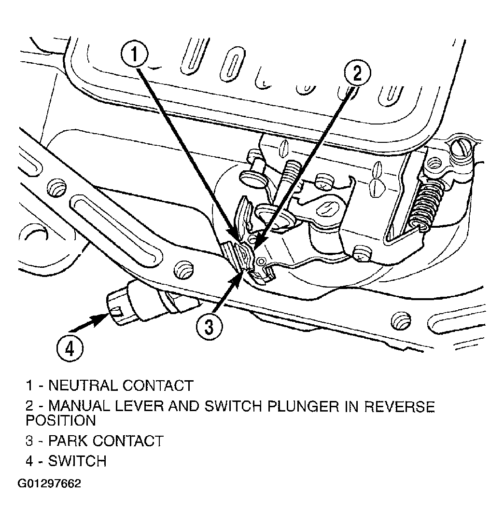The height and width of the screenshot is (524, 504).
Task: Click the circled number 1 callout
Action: tap(134, 55)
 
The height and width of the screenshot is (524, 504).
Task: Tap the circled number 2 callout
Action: tap(358, 73)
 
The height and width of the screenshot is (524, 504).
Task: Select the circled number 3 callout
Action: tap(209, 327)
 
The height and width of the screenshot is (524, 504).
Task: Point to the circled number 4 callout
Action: tap(70, 349)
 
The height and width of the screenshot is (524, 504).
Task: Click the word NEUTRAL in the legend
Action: tap(84, 386)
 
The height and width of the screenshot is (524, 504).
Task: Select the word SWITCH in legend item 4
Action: tap(77, 461)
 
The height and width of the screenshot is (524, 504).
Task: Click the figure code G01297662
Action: tap(49, 483)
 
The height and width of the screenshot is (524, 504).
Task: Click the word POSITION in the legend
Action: tap(60, 420)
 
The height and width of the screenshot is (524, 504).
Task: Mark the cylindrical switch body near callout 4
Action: tap(140, 303)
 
